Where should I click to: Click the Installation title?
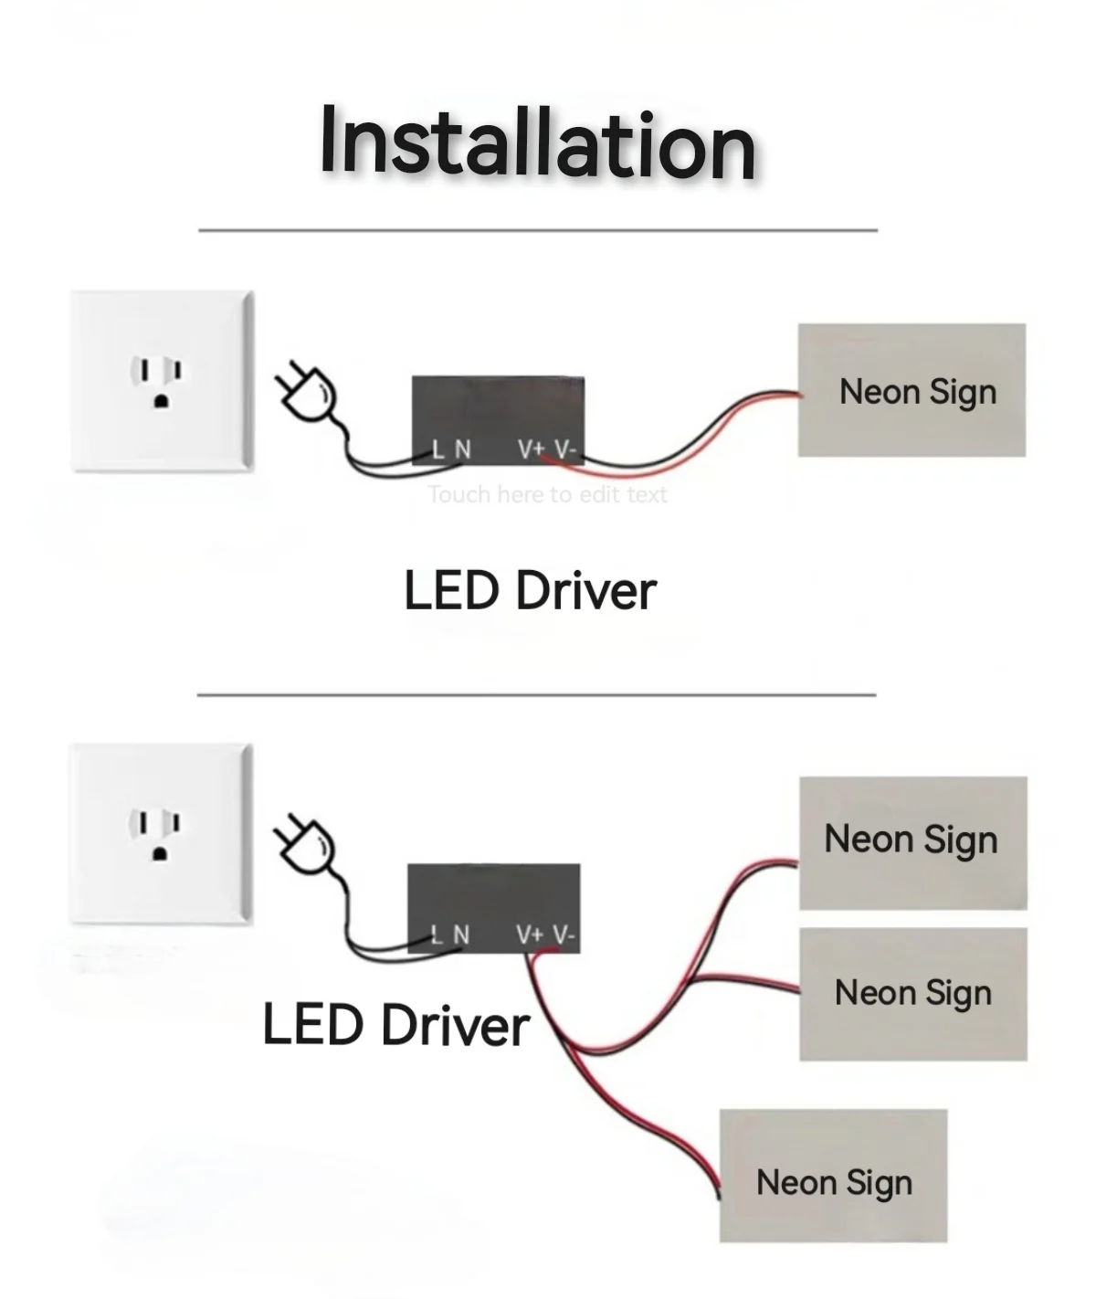(538, 143)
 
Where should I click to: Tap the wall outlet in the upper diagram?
(162, 380)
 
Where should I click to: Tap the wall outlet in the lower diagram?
(161, 833)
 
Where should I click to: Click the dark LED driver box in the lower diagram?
(493, 895)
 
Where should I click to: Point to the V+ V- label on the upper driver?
(546, 449)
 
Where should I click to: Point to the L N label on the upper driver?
(451, 449)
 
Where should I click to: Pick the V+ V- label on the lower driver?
(544, 935)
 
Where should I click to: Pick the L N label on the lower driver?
(450, 935)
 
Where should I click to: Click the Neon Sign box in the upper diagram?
(912, 390)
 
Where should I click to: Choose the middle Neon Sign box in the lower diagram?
(912, 994)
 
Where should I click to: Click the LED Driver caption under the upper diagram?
(530, 590)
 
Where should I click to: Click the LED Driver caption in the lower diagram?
(395, 1024)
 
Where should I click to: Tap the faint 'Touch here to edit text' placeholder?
(547, 495)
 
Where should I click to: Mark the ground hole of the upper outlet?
(162, 400)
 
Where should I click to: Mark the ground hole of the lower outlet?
(161, 854)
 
